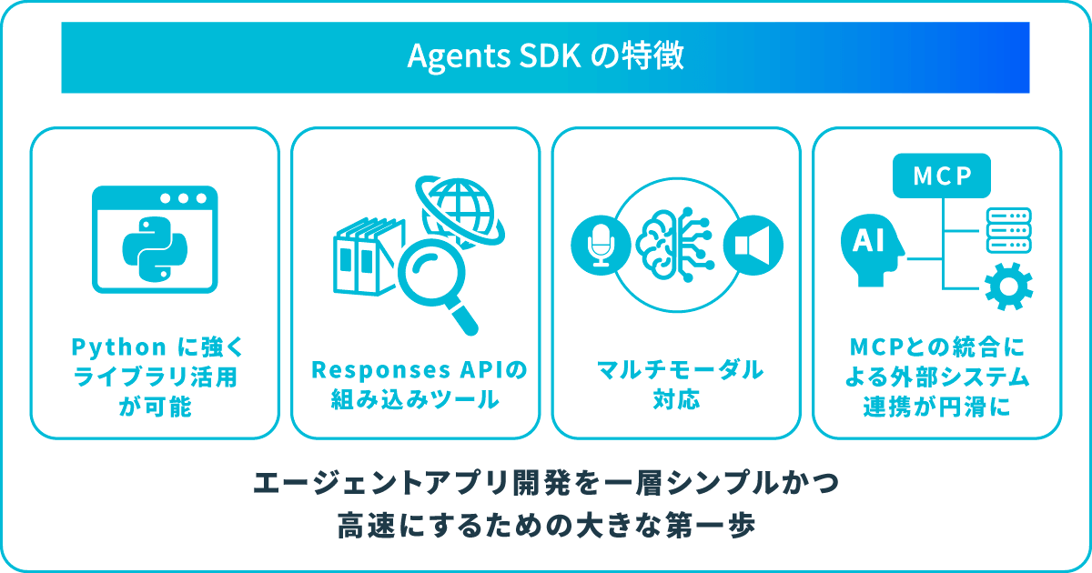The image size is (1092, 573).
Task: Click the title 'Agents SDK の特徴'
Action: coord(545,56)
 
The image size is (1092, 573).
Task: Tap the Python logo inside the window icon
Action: coord(155,249)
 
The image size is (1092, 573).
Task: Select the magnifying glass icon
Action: coord(436,285)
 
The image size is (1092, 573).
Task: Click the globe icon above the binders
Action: coord(460,210)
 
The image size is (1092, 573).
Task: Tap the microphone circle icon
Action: coord(601,245)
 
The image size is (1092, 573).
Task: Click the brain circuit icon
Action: coord(675,244)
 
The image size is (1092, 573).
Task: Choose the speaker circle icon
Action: coord(753,245)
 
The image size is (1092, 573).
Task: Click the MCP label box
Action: coord(941,176)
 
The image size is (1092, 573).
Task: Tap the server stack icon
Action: coord(1008,230)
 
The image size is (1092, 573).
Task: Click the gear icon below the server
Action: coord(1008,286)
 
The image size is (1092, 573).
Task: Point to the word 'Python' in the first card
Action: coord(119,347)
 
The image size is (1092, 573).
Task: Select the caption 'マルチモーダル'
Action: coord(680,370)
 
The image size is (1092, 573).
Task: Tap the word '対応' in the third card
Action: coord(676,399)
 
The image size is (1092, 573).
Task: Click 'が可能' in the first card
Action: coord(155,407)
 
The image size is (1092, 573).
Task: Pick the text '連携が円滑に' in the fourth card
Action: coord(936,407)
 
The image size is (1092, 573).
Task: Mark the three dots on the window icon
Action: coord(183,198)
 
